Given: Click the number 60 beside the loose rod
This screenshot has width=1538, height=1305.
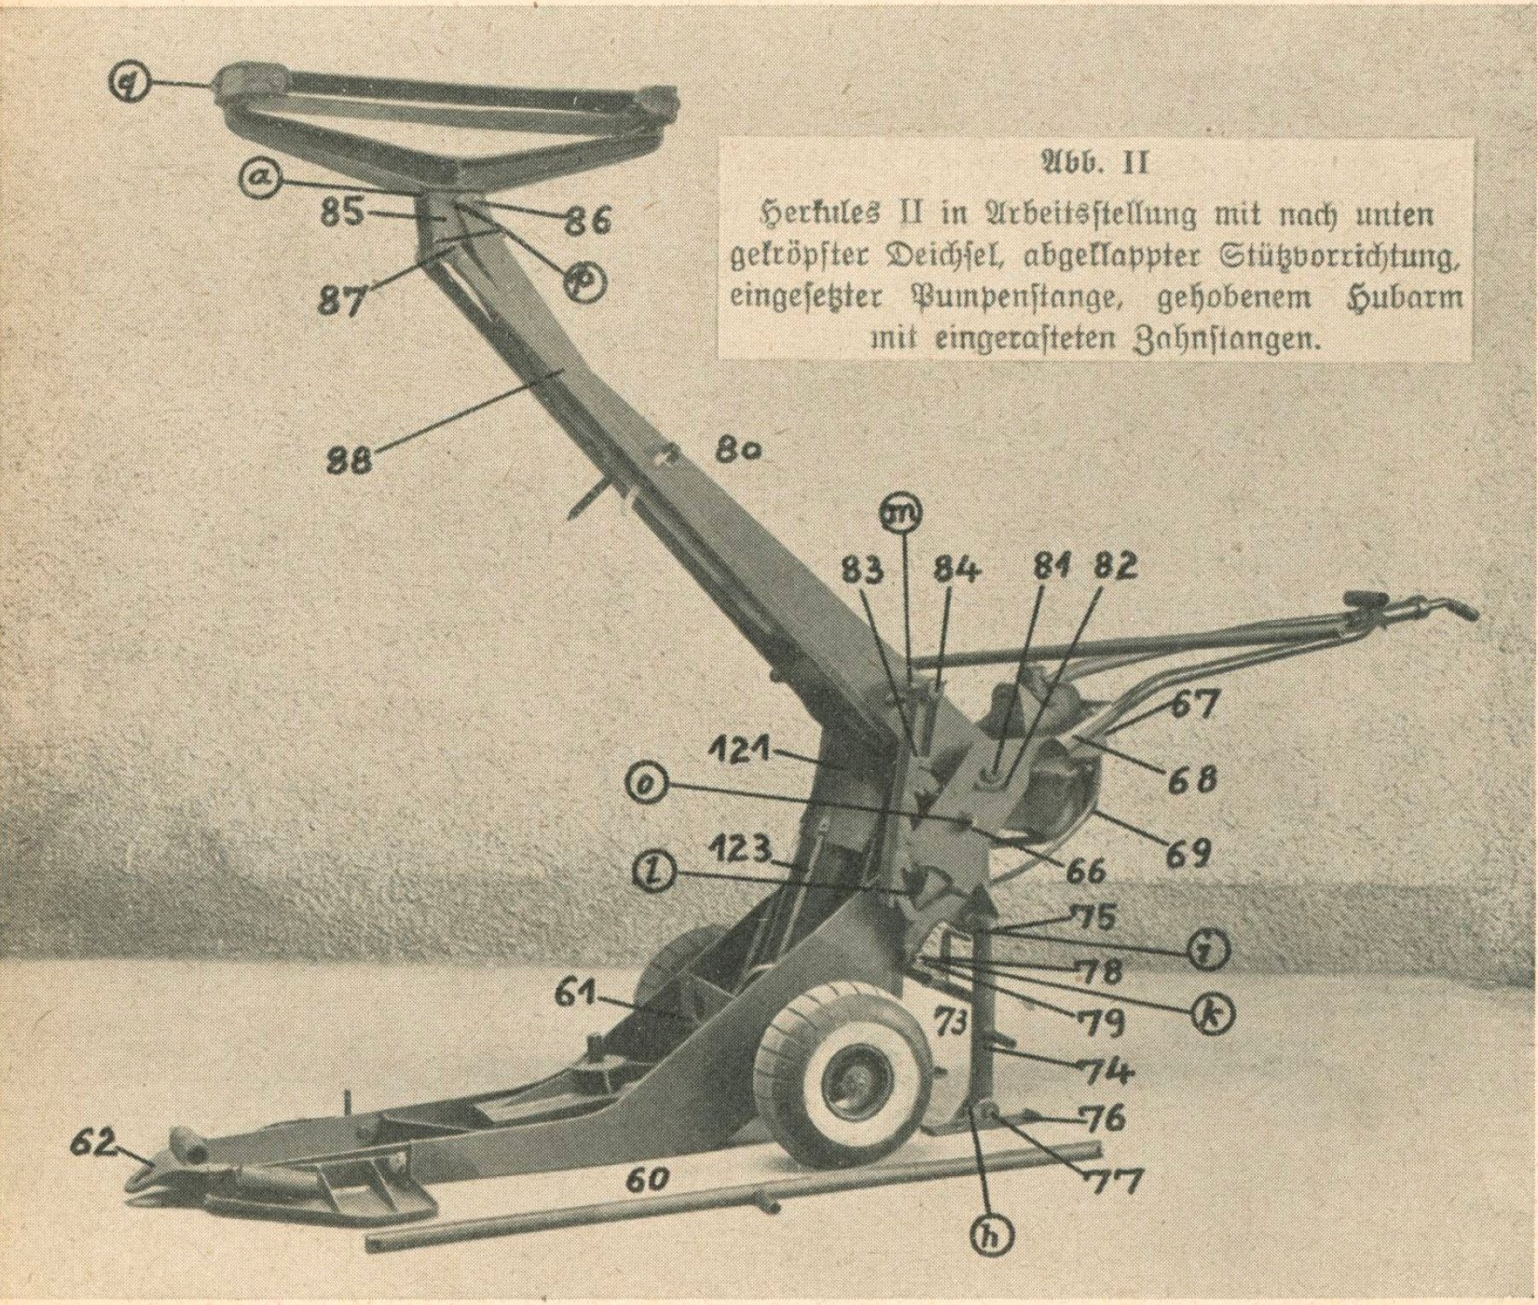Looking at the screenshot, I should pyautogui.click(x=647, y=1180).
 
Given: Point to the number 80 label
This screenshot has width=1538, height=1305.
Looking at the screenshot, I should pyautogui.click(x=739, y=451).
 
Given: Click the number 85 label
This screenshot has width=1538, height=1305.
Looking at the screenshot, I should pyautogui.click(x=342, y=213).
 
